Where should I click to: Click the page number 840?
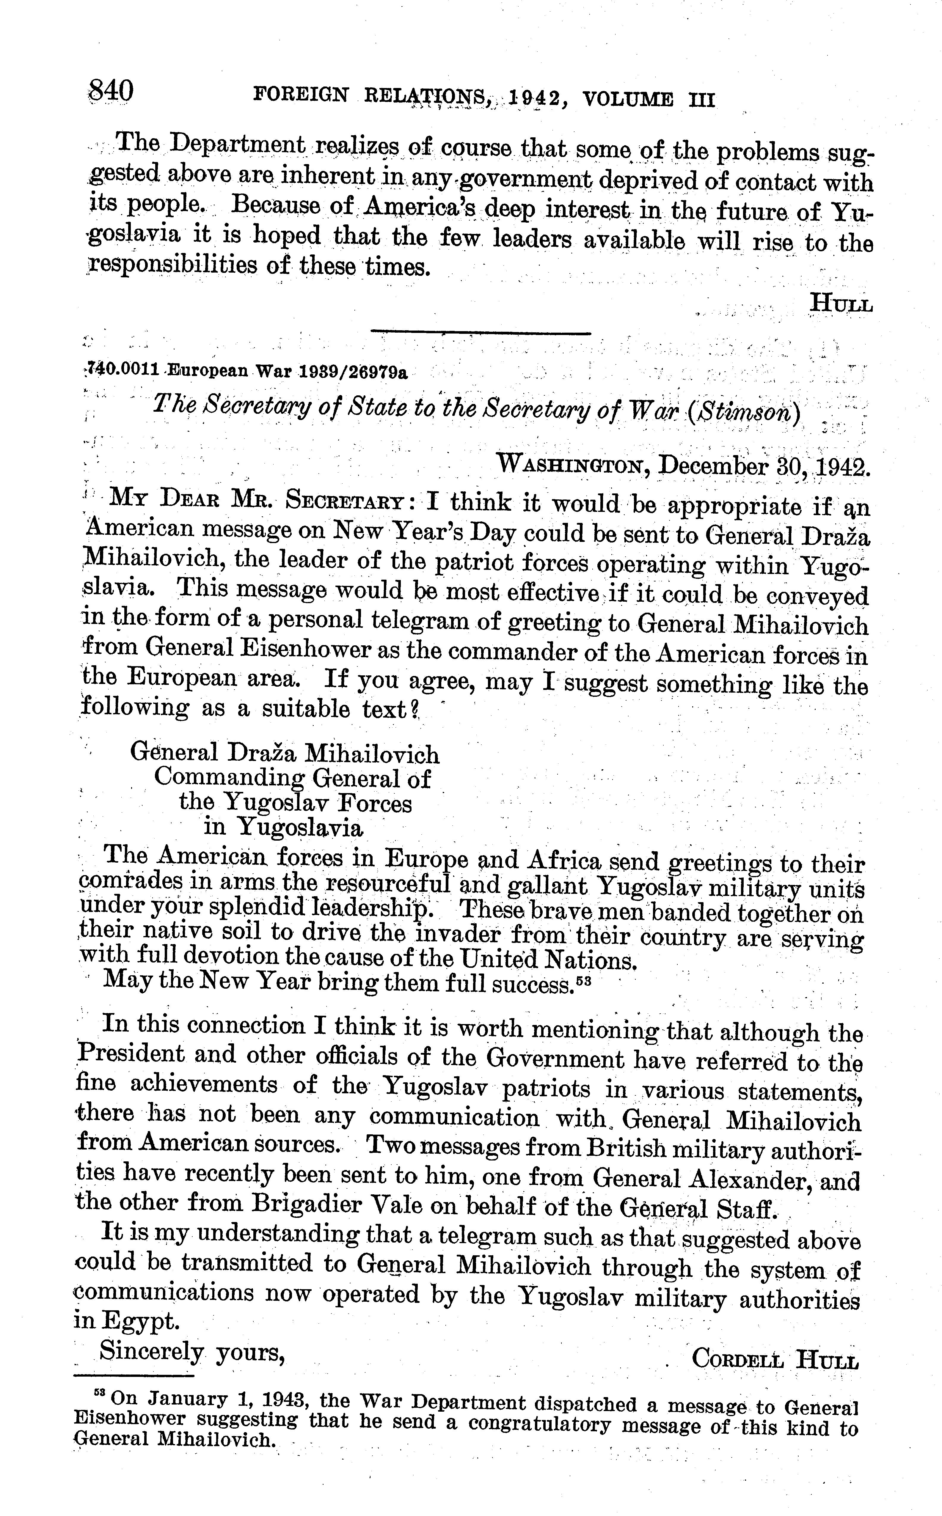pyautogui.click(x=111, y=92)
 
